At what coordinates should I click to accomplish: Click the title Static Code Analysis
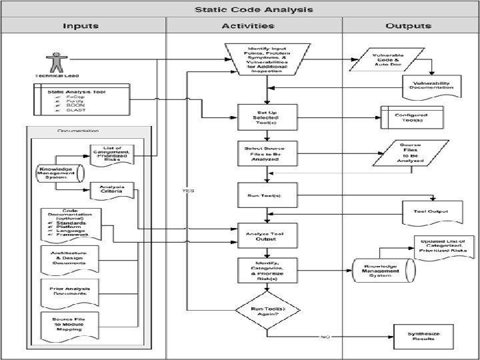[x=253, y=10]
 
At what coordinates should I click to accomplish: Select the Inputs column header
[x=81, y=26]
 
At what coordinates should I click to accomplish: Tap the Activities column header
[x=247, y=26]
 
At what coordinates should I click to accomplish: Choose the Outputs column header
[x=408, y=26]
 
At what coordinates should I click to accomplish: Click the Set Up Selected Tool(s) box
[x=267, y=117]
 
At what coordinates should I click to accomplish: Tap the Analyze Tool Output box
[x=267, y=235]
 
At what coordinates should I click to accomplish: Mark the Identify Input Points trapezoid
[x=267, y=60]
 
